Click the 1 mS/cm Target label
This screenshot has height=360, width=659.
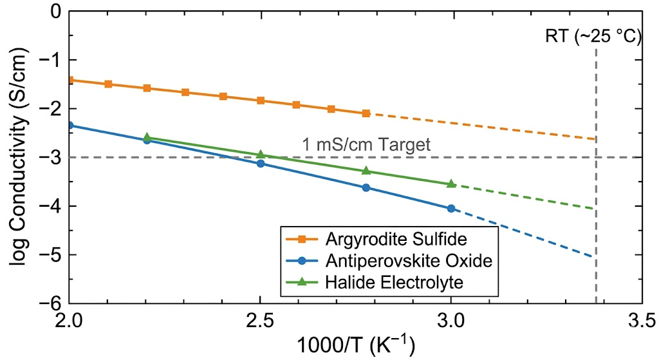pos(366,145)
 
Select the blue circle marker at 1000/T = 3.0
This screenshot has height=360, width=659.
pos(451,208)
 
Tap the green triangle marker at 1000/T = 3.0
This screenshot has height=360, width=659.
pos(451,184)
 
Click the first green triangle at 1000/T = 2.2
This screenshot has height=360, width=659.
pos(147,137)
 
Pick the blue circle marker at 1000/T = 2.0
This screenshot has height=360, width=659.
pos(70,125)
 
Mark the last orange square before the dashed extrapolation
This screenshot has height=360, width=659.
pos(366,113)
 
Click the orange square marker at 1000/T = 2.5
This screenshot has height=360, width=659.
pos(261,100)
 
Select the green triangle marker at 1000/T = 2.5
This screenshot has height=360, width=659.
pos(261,154)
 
